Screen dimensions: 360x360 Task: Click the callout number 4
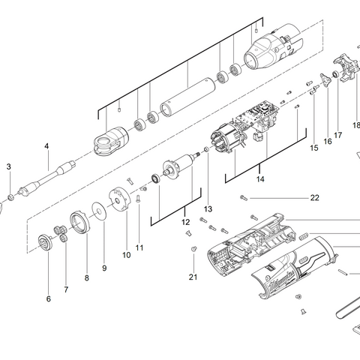click(46, 145)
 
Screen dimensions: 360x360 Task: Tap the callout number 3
click(9, 166)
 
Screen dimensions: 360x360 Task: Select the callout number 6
click(49, 298)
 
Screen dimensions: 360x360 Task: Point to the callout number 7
click(65, 289)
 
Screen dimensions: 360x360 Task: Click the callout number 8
click(86, 277)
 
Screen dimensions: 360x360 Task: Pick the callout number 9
click(104, 268)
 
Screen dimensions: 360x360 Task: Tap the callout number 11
click(139, 247)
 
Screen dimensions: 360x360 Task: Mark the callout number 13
click(208, 208)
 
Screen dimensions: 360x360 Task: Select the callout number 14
click(260, 180)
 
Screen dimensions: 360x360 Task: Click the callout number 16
click(327, 141)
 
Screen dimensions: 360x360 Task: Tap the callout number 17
click(338, 135)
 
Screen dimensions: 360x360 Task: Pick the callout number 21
click(193, 277)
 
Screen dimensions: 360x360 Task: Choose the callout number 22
click(315, 198)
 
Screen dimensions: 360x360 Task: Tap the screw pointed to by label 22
click(244, 198)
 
